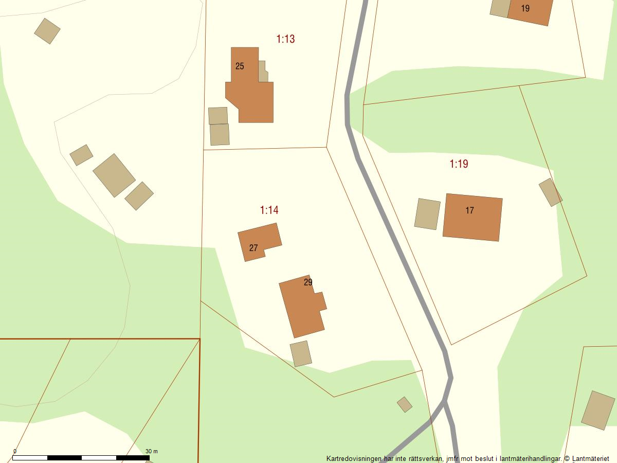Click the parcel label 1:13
[285, 39]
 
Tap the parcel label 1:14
[269, 210]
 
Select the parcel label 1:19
[459, 164]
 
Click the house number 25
[240, 66]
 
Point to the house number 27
[253, 248]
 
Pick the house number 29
[308, 282]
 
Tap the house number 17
[469, 210]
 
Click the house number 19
[525, 9]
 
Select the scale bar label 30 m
[152, 451]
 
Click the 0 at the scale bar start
[14, 451]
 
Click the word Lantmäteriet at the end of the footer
[591, 458]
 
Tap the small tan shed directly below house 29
[301, 354]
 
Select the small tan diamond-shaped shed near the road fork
[405, 404]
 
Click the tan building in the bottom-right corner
[598, 411]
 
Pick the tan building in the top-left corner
[47, 31]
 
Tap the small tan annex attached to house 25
[263, 72]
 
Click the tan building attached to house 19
[500, 8]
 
